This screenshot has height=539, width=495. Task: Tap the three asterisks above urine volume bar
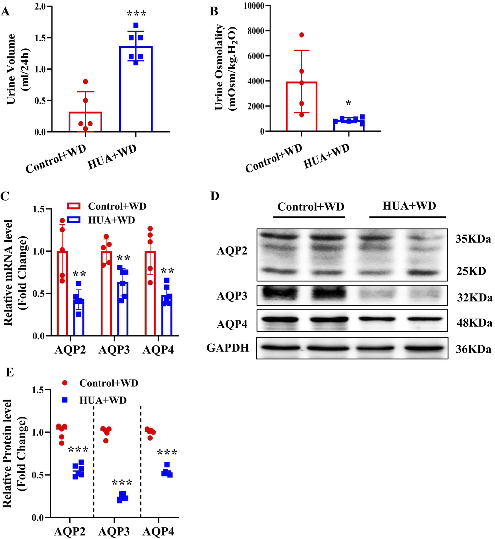coord(136,14)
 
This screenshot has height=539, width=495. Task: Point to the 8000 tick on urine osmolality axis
coord(256,31)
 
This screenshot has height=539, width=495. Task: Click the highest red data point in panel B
coord(301,35)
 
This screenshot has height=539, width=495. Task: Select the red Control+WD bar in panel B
coord(301,106)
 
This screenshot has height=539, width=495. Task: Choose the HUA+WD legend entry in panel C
coord(111,220)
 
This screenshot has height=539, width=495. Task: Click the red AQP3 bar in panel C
coord(106,293)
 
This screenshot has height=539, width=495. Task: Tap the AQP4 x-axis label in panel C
coord(158,350)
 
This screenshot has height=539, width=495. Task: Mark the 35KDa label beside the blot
coord(473,239)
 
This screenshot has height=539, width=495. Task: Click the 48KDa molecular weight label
coord(474,323)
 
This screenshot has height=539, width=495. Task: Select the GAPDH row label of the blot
coord(228,348)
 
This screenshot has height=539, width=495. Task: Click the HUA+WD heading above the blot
coord(409,206)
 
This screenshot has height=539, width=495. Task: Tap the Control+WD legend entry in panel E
coord(108,383)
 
